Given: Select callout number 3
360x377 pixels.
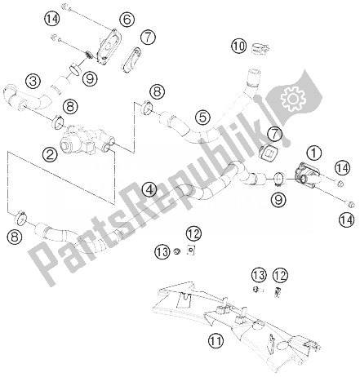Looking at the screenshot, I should (33, 80).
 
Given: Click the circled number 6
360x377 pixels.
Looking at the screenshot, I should (127, 19).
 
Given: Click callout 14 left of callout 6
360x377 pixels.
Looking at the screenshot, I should (52, 19).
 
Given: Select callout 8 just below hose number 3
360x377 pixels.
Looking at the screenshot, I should (71, 105).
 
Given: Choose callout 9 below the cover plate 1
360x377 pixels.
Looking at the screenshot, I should (279, 198).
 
